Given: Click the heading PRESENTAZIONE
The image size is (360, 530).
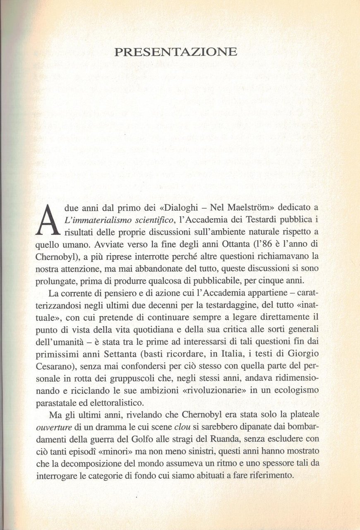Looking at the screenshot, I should point(175,52).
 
